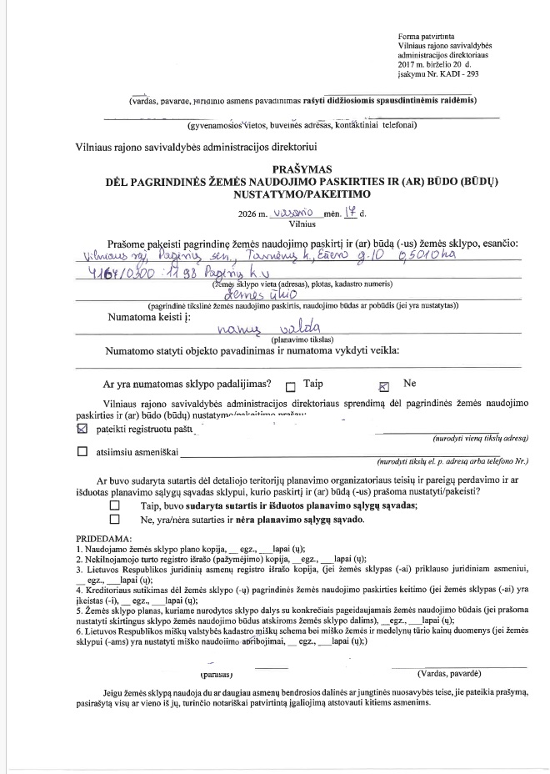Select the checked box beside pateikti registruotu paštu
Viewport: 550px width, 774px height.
coord(82,430)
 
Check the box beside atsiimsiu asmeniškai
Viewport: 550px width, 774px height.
coord(82,453)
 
